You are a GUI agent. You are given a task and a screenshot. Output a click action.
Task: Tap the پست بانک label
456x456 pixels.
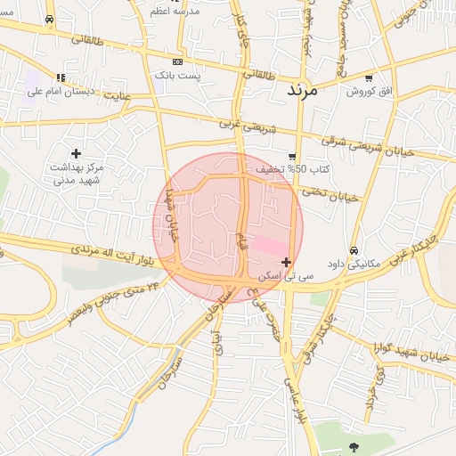click(178, 77)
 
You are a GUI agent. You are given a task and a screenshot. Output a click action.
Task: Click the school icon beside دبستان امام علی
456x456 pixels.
click(61, 77)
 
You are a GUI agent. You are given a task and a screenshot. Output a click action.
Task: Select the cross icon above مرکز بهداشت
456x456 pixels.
click(76, 154)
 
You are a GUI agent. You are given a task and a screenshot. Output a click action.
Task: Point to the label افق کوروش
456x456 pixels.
click(363, 92)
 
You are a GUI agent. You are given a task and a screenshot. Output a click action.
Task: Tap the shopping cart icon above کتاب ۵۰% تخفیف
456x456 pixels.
click(292, 157)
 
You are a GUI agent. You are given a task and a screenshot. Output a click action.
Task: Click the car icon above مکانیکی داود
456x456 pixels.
click(355, 250)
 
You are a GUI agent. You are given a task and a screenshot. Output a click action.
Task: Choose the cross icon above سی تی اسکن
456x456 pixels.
click(286, 262)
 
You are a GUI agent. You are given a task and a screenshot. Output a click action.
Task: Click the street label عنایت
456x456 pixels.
click(118, 94)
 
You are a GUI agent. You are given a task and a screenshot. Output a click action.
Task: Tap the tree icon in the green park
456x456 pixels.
click(354, 446)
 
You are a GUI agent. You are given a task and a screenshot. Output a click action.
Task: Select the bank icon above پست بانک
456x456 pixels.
click(177, 61)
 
